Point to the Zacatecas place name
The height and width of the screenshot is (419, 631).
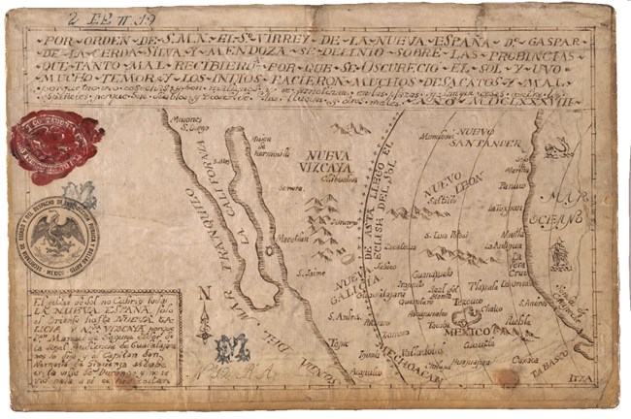pos(399,247)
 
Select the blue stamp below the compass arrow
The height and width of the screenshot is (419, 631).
pos(233,346)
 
